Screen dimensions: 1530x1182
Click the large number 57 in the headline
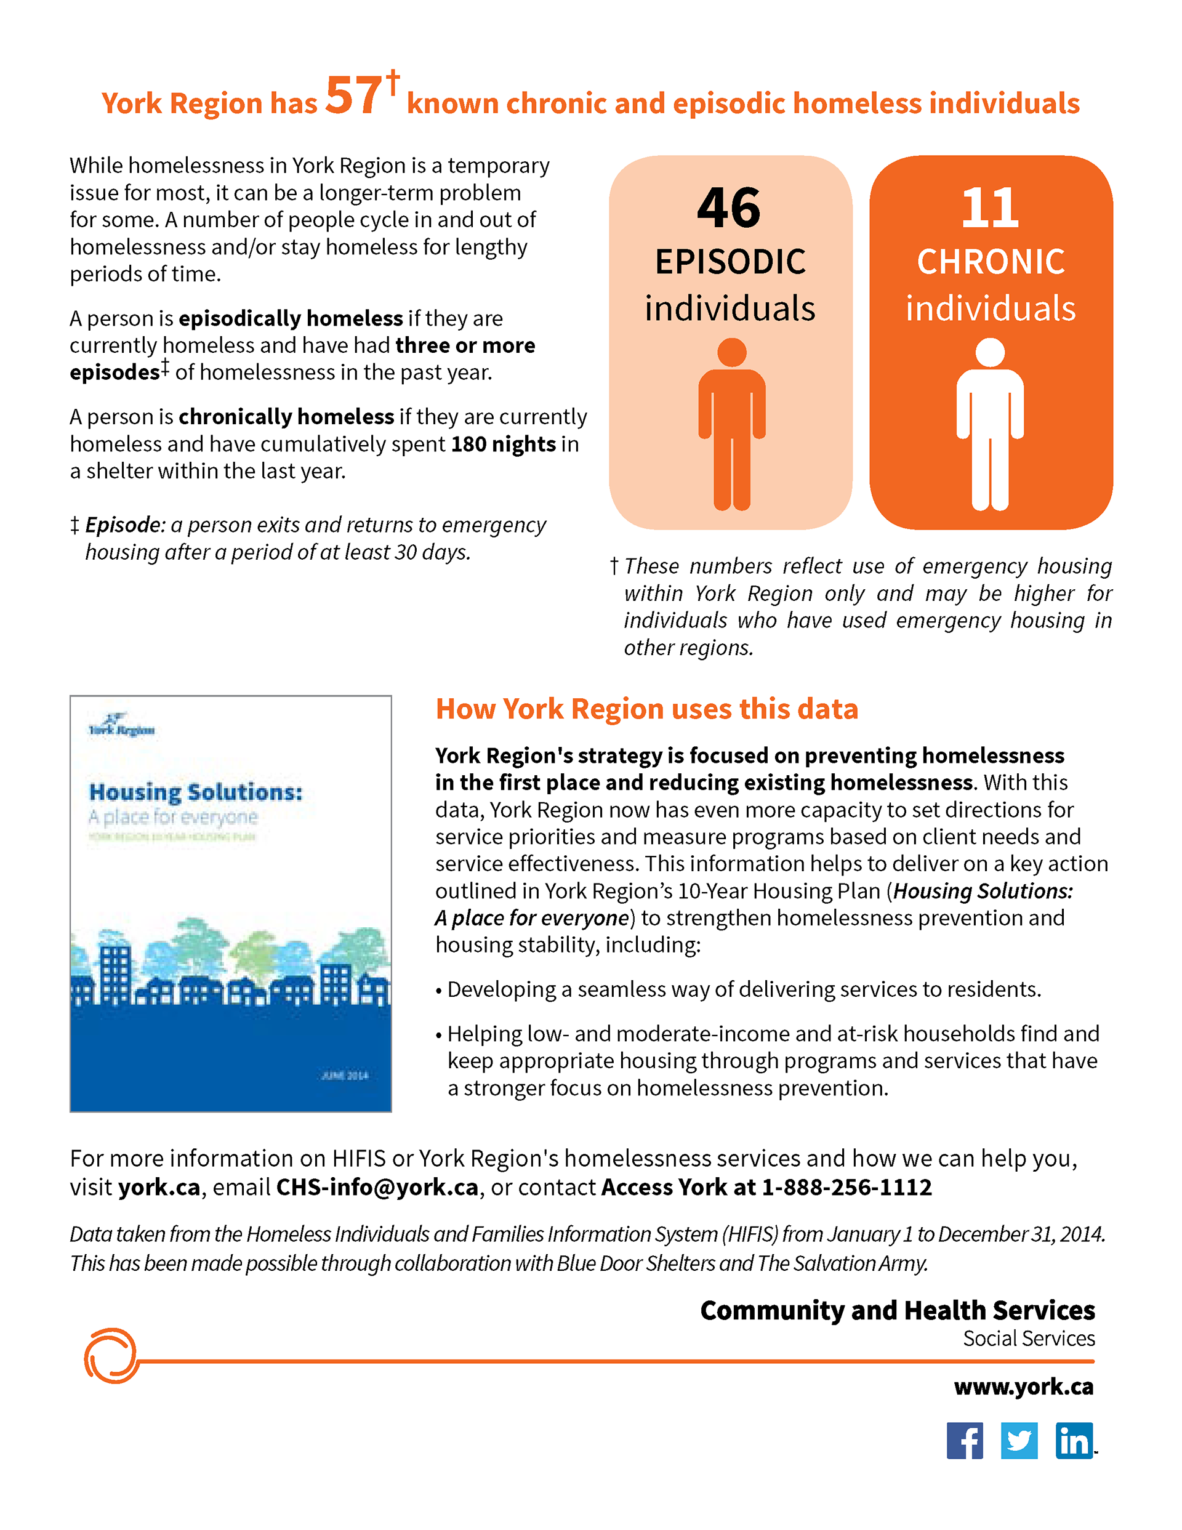tap(354, 96)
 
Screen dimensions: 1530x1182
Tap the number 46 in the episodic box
tap(729, 208)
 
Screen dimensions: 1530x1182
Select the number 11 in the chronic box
tap(989, 208)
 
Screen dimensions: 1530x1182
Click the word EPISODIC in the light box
tap(730, 262)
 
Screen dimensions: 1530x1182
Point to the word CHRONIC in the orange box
tap(991, 262)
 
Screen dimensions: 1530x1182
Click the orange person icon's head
tap(732, 352)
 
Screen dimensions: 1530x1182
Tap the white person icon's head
tap(990, 352)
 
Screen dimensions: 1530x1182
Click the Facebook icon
tap(964, 1440)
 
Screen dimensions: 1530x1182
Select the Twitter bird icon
tap(1019, 1440)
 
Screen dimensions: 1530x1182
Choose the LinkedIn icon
tap(1074, 1440)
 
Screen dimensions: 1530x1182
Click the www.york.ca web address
tap(1023, 1387)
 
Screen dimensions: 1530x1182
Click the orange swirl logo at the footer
tap(111, 1356)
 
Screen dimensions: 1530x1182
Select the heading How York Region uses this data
tap(646, 709)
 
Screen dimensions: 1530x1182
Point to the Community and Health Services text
tap(897, 1310)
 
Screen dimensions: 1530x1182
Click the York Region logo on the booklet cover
tap(121, 725)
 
